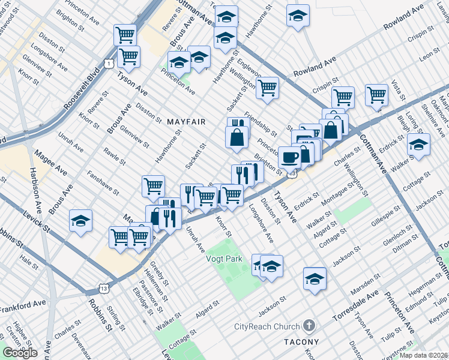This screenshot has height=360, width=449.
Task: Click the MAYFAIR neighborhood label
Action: tap(186, 122)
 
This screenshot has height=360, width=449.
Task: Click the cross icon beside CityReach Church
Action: tap(309, 326)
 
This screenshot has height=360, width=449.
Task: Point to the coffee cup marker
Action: tap(290, 158)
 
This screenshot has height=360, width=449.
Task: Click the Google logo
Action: tap(20, 353)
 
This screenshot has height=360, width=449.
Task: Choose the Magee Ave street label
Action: tap(50, 163)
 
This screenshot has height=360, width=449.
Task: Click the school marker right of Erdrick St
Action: tap(418, 145)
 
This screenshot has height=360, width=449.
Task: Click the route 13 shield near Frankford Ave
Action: tap(104, 290)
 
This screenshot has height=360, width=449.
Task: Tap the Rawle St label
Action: tap(114, 157)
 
